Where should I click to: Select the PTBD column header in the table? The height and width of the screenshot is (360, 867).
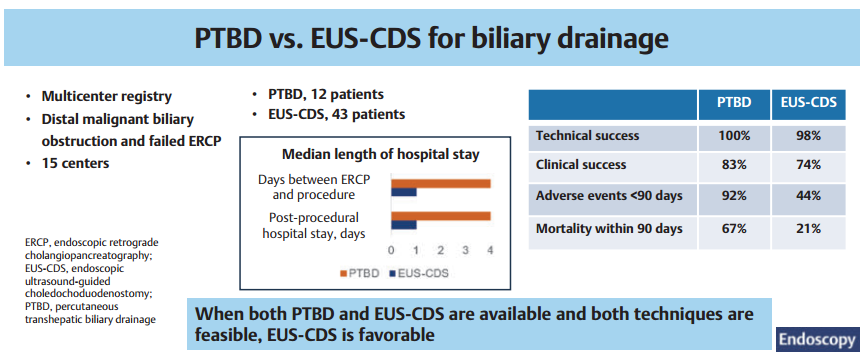[x=734, y=104]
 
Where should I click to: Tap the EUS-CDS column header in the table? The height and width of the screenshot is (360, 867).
[x=809, y=104]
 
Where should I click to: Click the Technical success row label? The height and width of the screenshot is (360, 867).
[x=587, y=135]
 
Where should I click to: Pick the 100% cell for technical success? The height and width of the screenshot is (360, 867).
[x=734, y=135]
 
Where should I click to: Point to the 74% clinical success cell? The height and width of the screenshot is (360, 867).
[x=809, y=165]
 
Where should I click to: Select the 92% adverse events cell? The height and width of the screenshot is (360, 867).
[x=734, y=195]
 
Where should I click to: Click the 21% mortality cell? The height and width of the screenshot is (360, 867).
[x=809, y=228]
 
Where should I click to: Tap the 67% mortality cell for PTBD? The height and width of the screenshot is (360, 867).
[x=734, y=228]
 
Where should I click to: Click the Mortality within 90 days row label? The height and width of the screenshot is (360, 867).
[x=609, y=228]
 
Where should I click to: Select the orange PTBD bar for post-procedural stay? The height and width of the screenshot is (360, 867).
[x=441, y=216]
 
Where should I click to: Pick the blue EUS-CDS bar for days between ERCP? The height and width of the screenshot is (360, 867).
[x=404, y=192]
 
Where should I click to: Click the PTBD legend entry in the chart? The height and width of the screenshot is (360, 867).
[x=359, y=273]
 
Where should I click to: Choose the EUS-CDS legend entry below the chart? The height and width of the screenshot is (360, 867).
[x=419, y=273]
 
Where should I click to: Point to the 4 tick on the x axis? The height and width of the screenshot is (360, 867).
[x=490, y=250]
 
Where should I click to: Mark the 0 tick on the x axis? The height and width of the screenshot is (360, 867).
[x=391, y=250]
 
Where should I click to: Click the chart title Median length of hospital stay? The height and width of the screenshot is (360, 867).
[x=380, y=154]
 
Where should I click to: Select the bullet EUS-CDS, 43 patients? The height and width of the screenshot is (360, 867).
[x=337, y=114]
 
